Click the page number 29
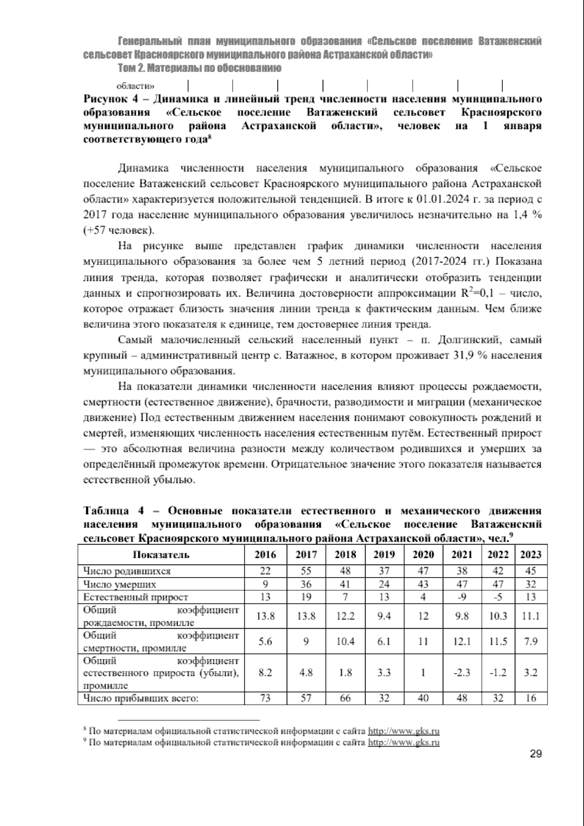[x=535, y=768]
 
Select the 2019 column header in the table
[x=384, y=555]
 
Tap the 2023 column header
[x=530, y=555]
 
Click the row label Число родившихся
[x=127, y=571]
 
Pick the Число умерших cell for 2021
[x=462, y=584]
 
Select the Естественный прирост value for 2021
[x=462, y=597]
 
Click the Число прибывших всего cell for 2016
[x=265, y=698]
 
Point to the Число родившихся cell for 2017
[x=306, y=571]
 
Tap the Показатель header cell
[x=161, y=555]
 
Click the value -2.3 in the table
[x=462, y=673]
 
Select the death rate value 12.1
[x=462, y=641]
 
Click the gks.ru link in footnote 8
[x=403, y=731]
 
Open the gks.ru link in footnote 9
[x=403, y=743]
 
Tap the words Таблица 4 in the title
[x=114, y=511]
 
